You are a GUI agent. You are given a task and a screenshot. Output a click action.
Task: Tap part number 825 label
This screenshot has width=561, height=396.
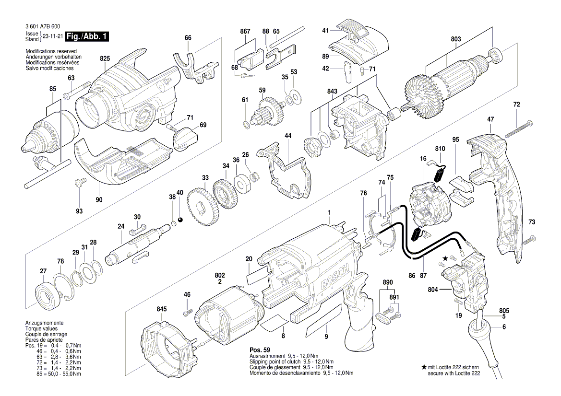point(105,58)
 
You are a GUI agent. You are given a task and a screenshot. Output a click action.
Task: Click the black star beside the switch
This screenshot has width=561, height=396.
point(445,258)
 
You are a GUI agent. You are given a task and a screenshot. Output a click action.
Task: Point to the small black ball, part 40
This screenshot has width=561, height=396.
point(180,220)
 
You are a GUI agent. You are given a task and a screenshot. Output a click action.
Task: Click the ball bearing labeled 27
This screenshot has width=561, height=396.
point(48,293)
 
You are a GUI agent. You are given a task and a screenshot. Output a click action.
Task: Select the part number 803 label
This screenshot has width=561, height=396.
point(455,39)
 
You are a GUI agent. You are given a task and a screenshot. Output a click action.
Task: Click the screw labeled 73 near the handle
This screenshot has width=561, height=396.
point(530,238)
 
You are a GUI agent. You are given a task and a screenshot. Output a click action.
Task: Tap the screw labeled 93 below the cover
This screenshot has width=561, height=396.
point(80,183)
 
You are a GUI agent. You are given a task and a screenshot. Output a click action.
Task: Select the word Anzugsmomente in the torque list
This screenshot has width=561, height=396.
point(43,324)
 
